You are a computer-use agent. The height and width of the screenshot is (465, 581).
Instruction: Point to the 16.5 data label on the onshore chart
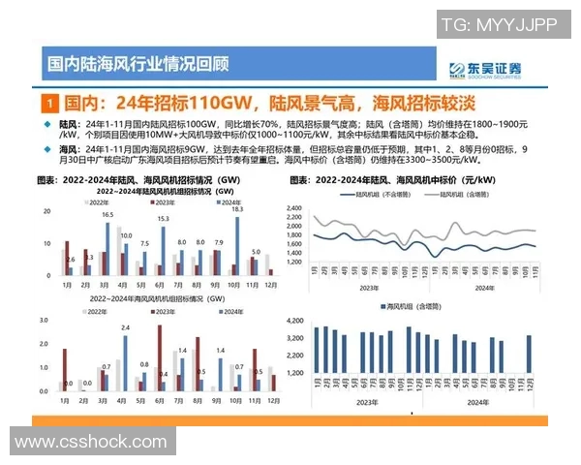[107, 215]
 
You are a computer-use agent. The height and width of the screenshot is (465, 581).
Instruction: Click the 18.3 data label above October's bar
[237, 209]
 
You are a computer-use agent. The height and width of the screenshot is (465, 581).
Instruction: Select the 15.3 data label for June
[164, 220]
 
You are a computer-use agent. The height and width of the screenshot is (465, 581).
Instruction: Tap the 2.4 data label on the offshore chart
[126, 328]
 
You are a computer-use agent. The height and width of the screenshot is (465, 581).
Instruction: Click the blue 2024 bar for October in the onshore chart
[237, 243]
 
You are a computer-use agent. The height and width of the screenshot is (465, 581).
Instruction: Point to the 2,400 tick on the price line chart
[295, 207]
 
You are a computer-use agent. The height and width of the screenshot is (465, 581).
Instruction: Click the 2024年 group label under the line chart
[484, 287]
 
